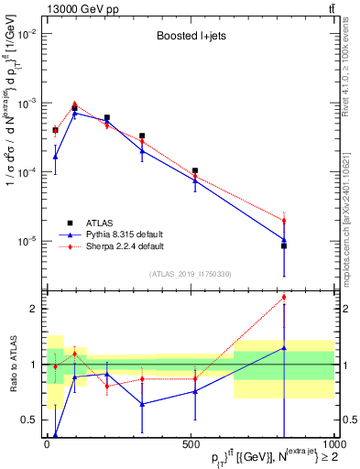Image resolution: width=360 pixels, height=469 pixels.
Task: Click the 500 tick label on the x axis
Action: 191,444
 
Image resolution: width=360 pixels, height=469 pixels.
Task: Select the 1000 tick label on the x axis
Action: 332,444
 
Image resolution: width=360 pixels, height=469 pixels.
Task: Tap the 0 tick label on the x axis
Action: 47,444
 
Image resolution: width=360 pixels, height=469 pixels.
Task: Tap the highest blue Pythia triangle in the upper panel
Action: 74,113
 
